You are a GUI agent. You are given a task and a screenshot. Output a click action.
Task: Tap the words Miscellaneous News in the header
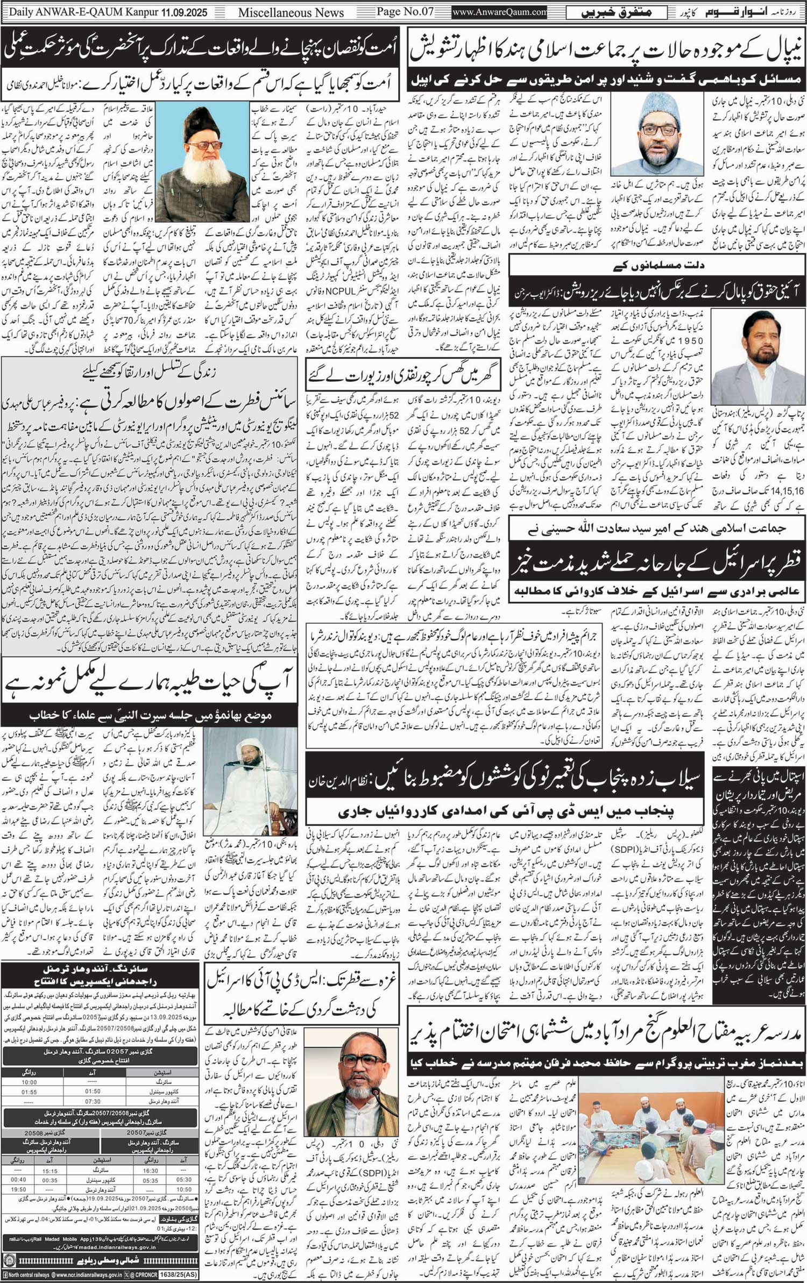pos(291,12)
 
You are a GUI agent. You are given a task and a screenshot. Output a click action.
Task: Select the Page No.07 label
pos(405,12)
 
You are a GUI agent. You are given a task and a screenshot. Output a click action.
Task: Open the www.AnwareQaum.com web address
pos(500,12)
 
